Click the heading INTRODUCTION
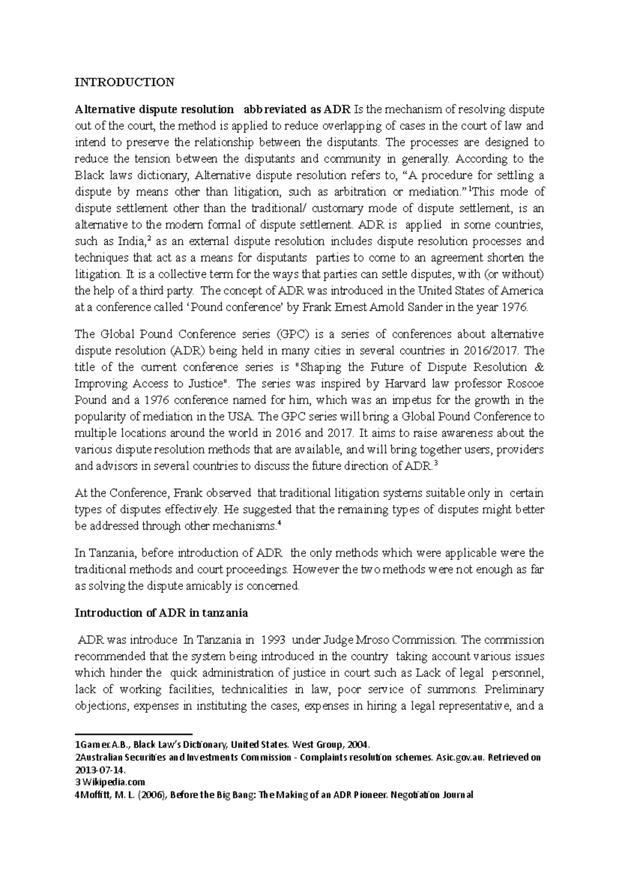click(124, 82)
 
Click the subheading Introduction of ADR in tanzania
click(161, 613)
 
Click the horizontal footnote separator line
click(133, 733)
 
